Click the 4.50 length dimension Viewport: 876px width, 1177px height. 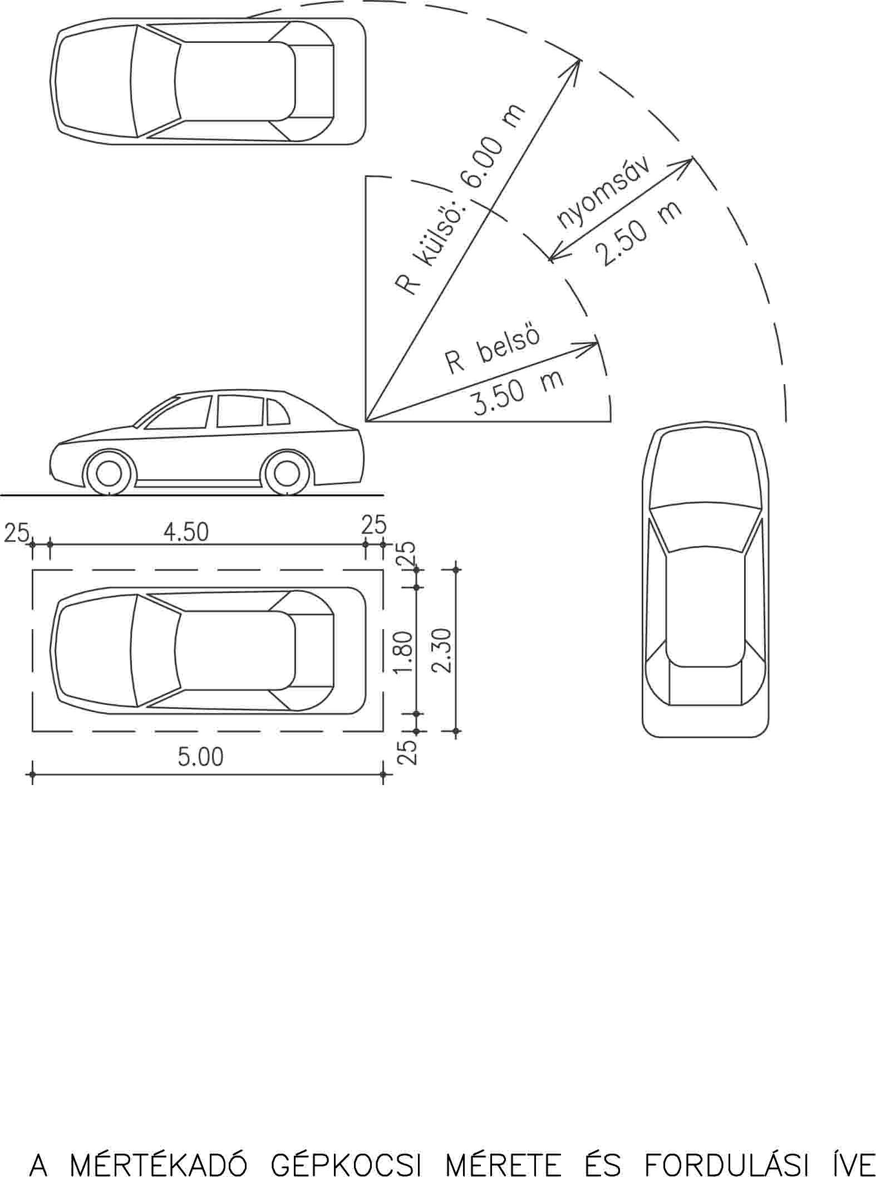186,532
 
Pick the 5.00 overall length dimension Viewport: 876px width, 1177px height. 200,757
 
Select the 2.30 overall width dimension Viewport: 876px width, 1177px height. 443,651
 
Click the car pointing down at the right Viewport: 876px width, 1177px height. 706,579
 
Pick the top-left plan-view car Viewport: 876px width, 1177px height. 208,81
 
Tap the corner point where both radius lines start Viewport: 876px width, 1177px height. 366,421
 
